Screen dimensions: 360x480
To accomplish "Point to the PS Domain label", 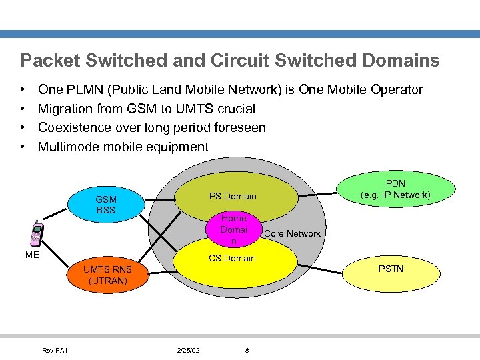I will coord(233,196).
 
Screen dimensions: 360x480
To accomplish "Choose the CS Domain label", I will coord(232,258).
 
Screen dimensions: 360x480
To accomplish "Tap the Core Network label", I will coord(292,233).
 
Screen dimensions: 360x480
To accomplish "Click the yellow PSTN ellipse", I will coord(391,269).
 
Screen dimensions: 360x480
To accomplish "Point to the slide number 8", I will coord(247,351).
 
